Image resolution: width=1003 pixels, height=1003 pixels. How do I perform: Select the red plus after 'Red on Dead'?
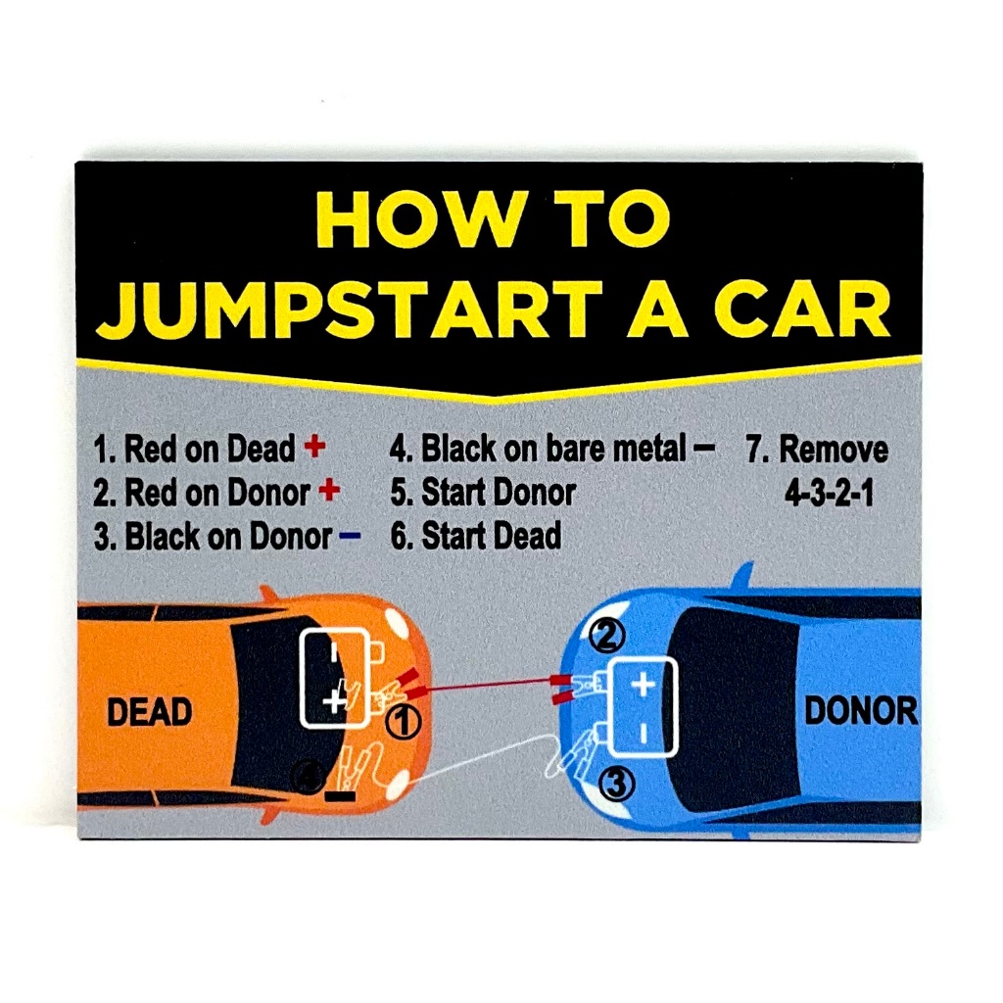[x=314, y=448]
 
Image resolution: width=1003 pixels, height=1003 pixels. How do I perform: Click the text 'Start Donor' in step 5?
[x=498, y=492]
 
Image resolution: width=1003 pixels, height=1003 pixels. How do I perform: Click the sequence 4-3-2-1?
[x=829, y=492]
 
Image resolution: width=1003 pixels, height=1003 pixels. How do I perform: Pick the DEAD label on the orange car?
[x=148, y=712]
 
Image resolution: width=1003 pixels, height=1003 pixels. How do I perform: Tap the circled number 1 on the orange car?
[x=402, y=723]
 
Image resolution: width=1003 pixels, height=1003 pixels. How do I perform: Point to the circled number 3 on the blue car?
[x=618, y=783]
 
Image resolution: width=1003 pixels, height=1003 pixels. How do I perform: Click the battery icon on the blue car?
[x=642, y=707]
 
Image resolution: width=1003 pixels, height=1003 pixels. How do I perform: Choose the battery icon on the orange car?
[x=335, y=677]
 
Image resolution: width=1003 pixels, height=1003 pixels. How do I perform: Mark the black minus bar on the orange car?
[x=340, y=796]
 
